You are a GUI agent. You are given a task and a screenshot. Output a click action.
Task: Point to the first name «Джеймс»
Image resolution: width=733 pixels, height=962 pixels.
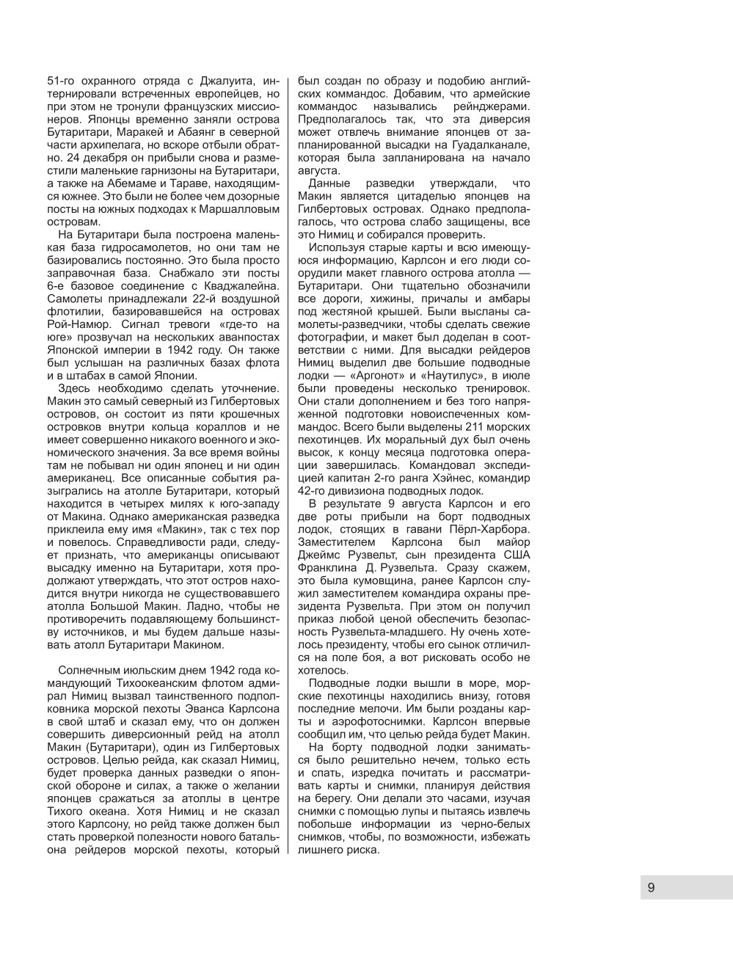318,555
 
